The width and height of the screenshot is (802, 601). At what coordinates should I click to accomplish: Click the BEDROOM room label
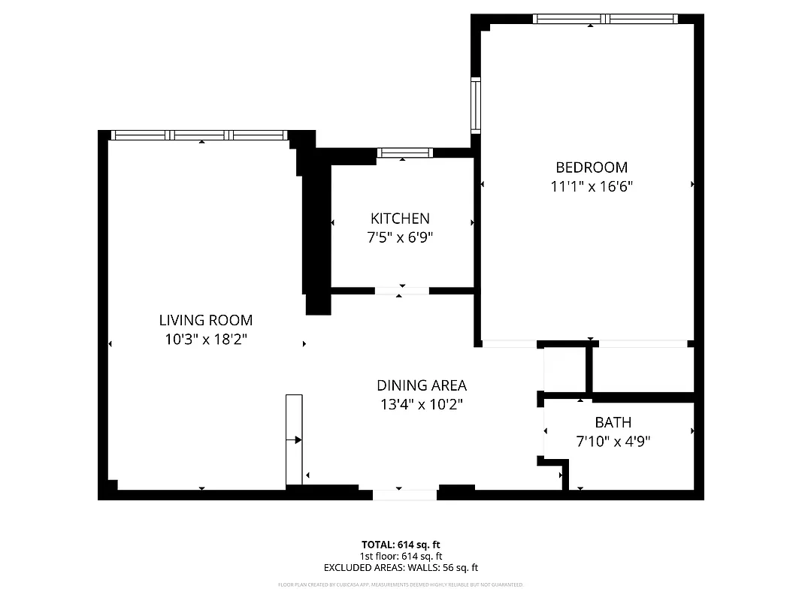[591, 168]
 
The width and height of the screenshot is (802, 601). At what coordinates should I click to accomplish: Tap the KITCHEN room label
[400, 219]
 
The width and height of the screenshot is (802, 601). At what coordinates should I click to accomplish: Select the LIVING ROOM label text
[206, 320]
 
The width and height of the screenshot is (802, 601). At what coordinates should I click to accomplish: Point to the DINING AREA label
[421, 385]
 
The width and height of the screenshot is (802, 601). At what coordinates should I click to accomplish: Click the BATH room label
[613, 422]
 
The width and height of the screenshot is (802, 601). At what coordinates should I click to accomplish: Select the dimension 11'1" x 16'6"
[592, 186]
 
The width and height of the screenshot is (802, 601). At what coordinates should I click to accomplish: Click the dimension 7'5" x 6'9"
[400, 237]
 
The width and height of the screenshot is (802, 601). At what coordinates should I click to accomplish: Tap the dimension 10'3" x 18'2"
[206, 340]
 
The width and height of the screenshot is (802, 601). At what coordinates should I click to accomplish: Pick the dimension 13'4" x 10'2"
[421, 404]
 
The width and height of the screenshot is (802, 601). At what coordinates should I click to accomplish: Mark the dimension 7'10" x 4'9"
[613, 442]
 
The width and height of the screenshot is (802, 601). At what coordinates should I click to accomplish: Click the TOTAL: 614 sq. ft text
[401, 544]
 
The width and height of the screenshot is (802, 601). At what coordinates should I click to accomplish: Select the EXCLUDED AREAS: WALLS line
[401, 568]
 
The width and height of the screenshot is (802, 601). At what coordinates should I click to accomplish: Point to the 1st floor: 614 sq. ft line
[401, 556]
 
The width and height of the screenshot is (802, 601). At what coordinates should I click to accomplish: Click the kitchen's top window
[404, 153]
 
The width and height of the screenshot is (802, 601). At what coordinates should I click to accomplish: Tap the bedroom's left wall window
[476, 105]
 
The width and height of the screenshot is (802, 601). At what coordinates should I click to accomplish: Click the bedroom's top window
[605, 19]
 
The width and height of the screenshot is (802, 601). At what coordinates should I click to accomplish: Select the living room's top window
[198, 135]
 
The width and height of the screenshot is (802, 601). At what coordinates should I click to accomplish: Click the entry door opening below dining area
[404, 494]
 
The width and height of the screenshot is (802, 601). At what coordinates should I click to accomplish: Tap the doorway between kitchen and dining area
[401, 291]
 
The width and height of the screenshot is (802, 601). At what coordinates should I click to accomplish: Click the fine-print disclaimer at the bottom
[401, 584]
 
